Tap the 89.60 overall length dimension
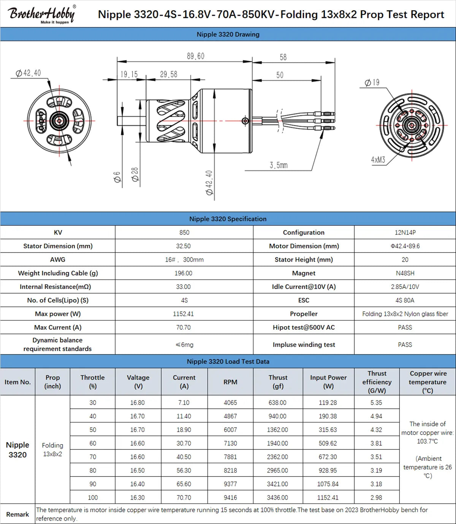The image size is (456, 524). [195, 56]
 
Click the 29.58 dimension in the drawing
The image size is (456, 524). [168, 74]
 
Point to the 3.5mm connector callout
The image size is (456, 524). [279, 165]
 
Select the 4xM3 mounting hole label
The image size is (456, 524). [378, 160]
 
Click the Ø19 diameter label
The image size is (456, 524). [372, 83]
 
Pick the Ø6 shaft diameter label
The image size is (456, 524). [117, 177]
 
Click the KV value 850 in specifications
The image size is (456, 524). [184, 232]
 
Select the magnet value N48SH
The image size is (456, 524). [405, 273]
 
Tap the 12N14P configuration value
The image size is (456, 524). [405, 232]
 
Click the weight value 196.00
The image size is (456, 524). [184, 273]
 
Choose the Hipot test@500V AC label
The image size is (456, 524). [304, 327]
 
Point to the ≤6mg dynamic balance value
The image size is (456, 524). [184, 345]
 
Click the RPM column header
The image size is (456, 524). [230, 382]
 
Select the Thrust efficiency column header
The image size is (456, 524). [377, 382]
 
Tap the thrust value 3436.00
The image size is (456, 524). [277, 497]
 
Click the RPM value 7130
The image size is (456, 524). [230, 443]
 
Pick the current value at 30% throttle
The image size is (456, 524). [184, 403]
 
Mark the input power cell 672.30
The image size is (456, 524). [328, 457]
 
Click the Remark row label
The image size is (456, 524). [17, 514]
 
